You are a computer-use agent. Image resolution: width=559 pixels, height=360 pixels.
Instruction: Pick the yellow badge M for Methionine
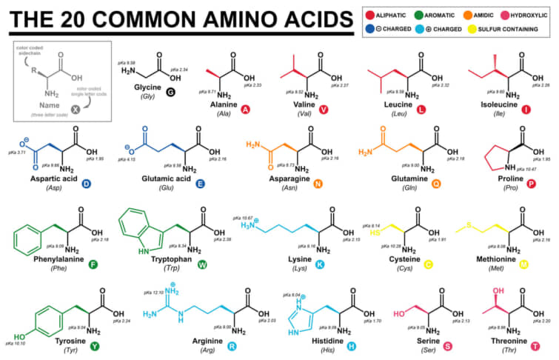(523, 264)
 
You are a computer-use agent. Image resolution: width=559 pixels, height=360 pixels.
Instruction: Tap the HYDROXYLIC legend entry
(527, 14)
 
